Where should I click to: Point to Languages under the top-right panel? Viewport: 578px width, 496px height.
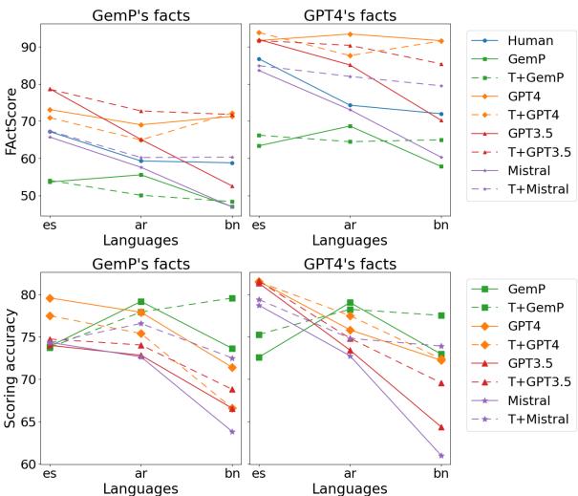[x=349, y=242]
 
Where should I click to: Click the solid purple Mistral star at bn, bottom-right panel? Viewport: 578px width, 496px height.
[x=440, y=455]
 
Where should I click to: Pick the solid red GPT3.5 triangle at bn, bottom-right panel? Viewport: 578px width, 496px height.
[x=440, y=426]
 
